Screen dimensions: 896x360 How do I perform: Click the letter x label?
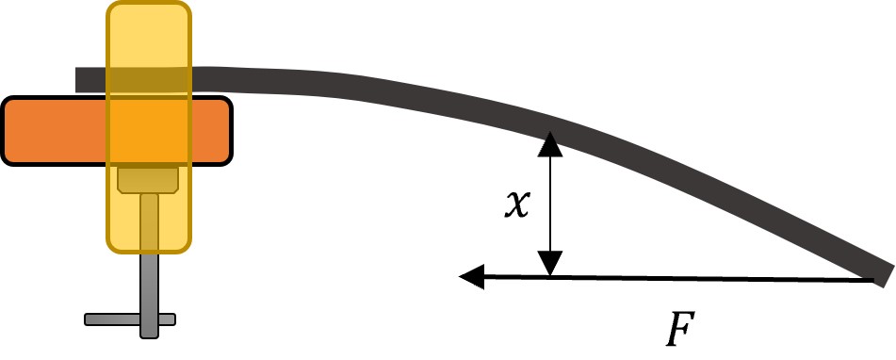(x=517, y=204)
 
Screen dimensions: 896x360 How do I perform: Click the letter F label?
(x=680, y=329)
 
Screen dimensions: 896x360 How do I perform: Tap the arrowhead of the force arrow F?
(x=471, y=276)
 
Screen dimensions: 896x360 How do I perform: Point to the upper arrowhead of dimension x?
(x=550, y=143)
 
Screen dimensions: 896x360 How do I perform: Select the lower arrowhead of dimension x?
(x=550, y=264)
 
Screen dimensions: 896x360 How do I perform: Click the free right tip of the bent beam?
(x=888, y=275)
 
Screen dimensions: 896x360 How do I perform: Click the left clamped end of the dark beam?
(x=76, y=80)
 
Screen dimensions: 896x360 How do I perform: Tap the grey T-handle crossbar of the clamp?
(x=130, y=319)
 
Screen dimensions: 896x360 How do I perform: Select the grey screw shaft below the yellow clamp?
(x=149, y=295)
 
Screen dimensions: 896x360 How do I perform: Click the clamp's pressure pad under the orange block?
(x=148, y=179)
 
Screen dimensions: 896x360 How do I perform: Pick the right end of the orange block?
(x=230, y=131)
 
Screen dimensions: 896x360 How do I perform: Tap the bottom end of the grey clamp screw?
(x=149, y=336)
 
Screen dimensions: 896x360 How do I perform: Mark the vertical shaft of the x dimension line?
(x=550, y=204)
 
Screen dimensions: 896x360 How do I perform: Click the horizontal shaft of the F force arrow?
(x=679, y=278)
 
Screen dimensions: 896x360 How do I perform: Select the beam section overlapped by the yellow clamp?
(x=149, y=80)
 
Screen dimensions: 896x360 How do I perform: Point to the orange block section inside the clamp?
(x=149, y=131)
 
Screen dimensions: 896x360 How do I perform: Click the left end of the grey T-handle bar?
(x=87, y=319)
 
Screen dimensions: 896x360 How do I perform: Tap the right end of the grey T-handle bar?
(x=173, y=319)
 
